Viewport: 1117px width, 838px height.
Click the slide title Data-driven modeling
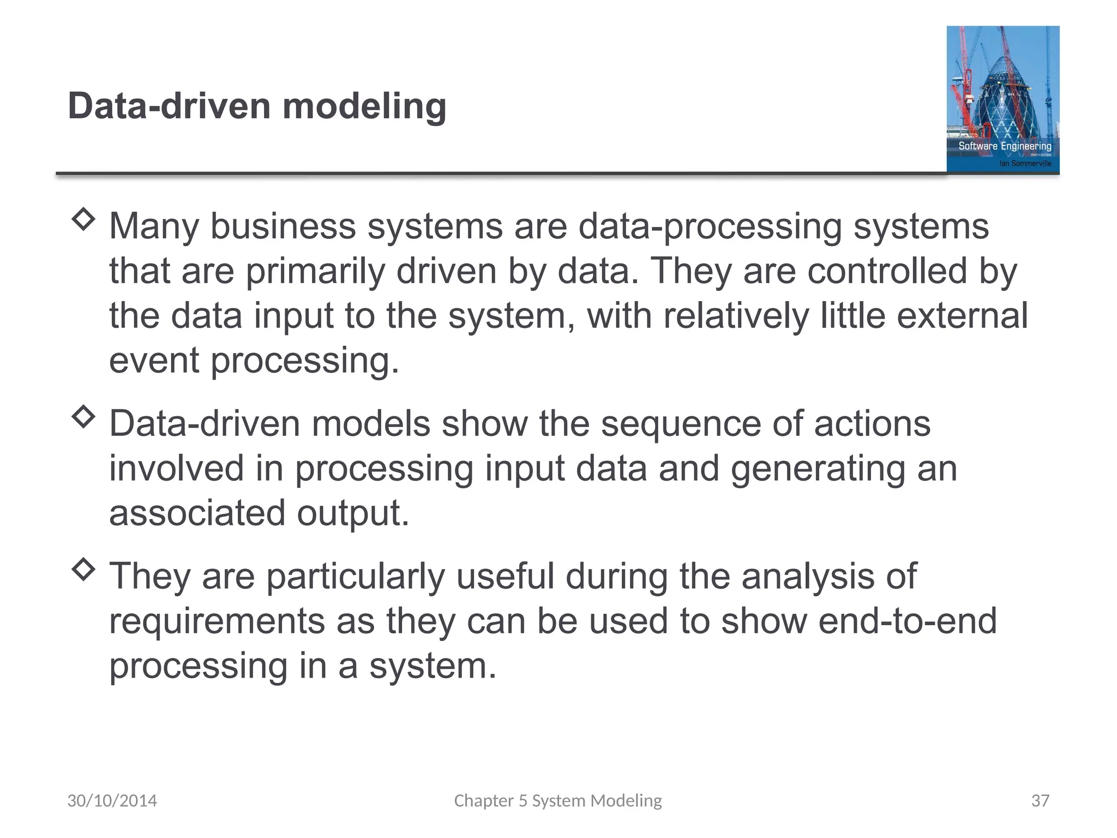pyautogui.click(x=257, y=106)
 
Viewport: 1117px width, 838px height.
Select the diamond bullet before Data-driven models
pyautogui.click(x=83, y=417)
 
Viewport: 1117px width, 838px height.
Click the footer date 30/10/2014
pyautogui.click(x=112, y=801)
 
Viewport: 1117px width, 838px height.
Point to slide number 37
pyautogui.click(x=1040, y=801)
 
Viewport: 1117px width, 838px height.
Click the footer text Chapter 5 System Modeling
pyautogui.click(x=558, y=801)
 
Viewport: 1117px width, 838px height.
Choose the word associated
pyautogui.click(x=197, y=513)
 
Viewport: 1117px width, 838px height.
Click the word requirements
pyautogui.click(x=217, y=621)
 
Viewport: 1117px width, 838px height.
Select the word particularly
pyautogui.click(x=355, y=577)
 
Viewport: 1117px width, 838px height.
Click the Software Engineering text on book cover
pyautogui.click(x=1005, y=146)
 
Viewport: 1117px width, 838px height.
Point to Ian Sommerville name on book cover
pyautogui.click(x=1025, y=163)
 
